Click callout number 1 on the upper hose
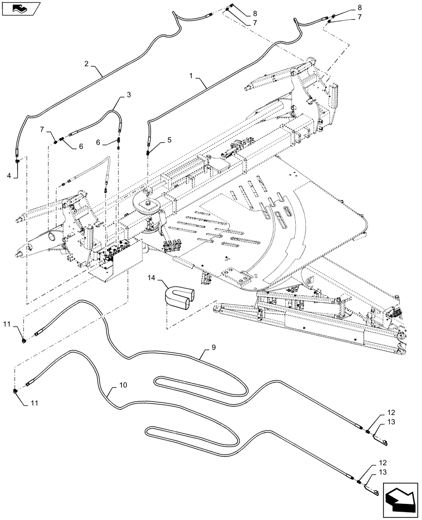[192, 76]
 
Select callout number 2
[86, 64]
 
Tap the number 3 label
[128, 95]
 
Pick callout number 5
[169, 140]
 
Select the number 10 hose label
[123, 385]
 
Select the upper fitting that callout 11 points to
[24, 341]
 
